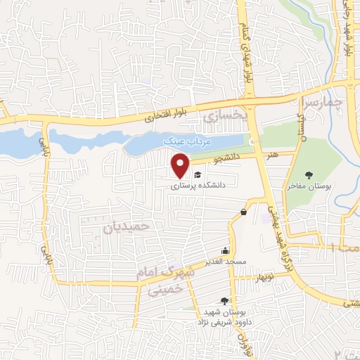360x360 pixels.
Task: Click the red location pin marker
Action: coord(181,165)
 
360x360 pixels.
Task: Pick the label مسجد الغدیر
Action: coord(224,262)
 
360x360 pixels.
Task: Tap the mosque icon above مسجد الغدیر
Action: coord(225,250)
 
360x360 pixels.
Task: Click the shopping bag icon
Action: coord(243,212)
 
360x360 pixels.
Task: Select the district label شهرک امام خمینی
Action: coord(172,278)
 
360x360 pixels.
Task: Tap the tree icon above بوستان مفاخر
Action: coord(309,175)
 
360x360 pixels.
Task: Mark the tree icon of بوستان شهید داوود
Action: coord(224,301)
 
